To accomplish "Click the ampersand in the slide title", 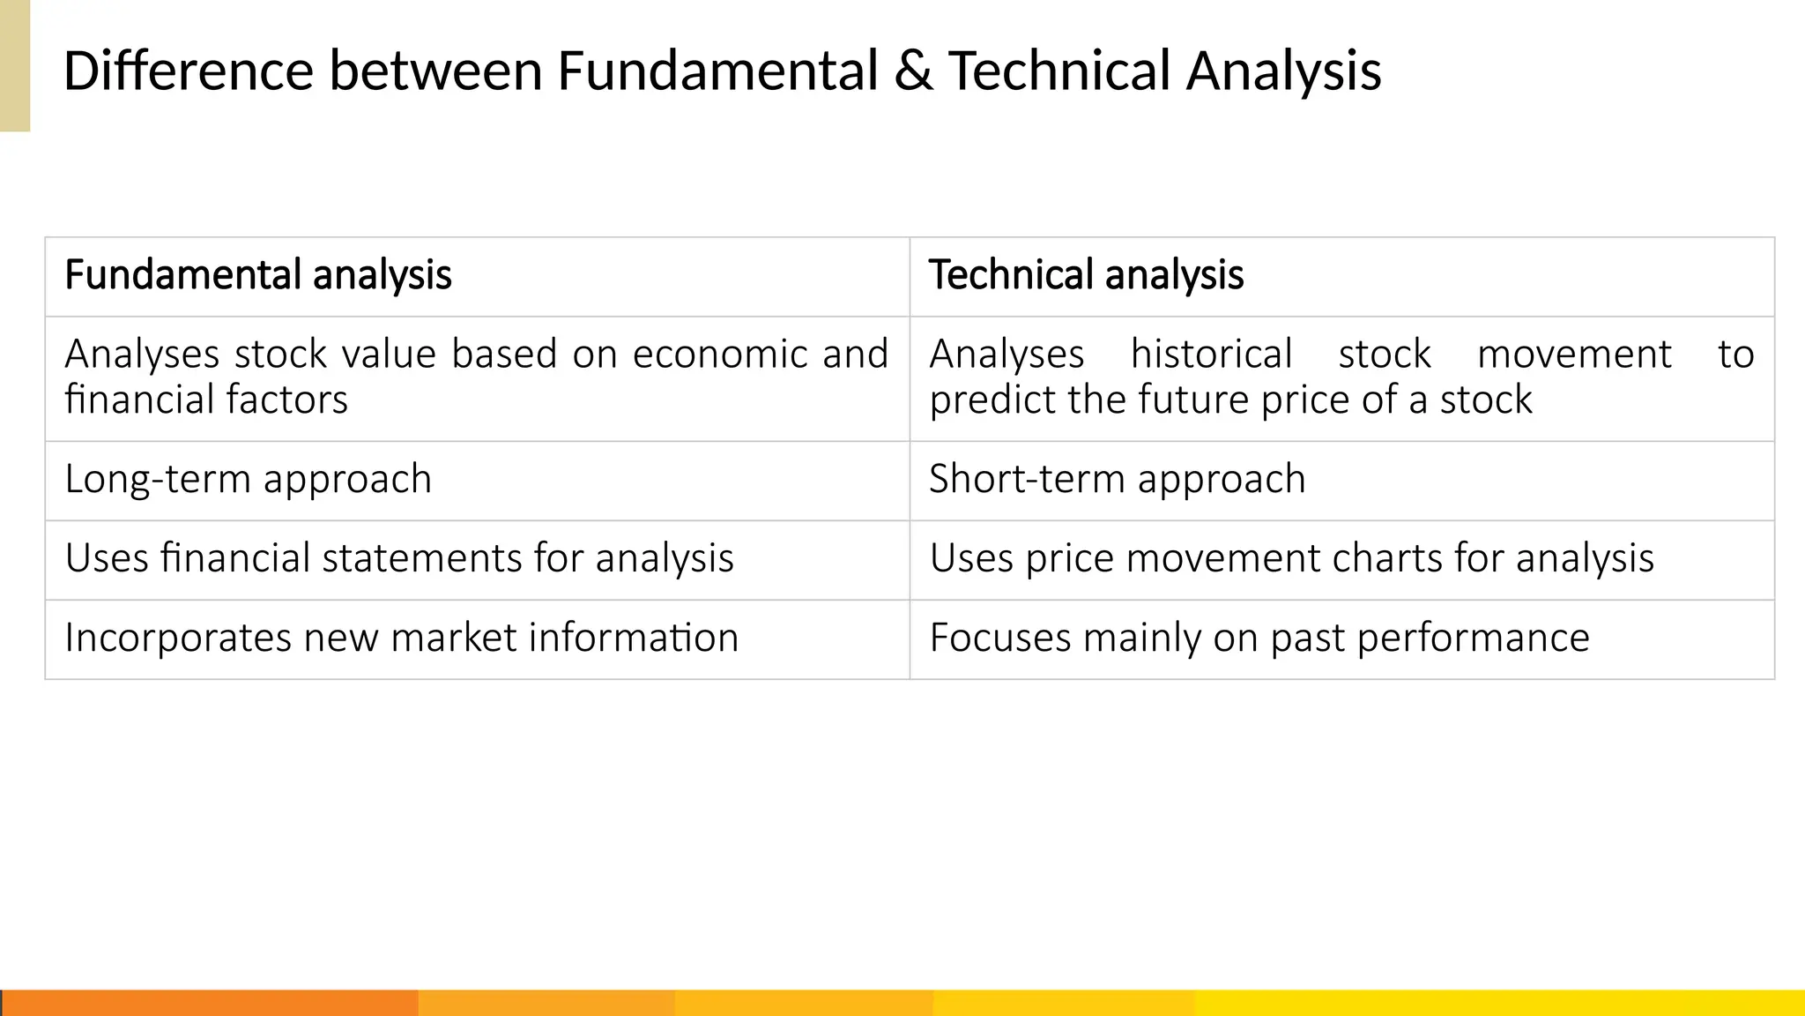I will tap(913, 71).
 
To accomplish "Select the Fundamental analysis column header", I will tap(258, 275).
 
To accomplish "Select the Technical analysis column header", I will tap(1086, 275).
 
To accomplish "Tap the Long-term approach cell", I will tap(249, 480).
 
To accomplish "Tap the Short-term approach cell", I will tap(1117, 480).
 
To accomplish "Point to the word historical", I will tap(1211, 355).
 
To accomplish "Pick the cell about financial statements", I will tap(399, 559).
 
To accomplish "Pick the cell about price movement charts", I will tap(1291, 559).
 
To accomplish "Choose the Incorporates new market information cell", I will tap(401, 639).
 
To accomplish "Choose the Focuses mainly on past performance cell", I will tap(1259, 639).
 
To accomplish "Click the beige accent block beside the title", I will tap(15, 66).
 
